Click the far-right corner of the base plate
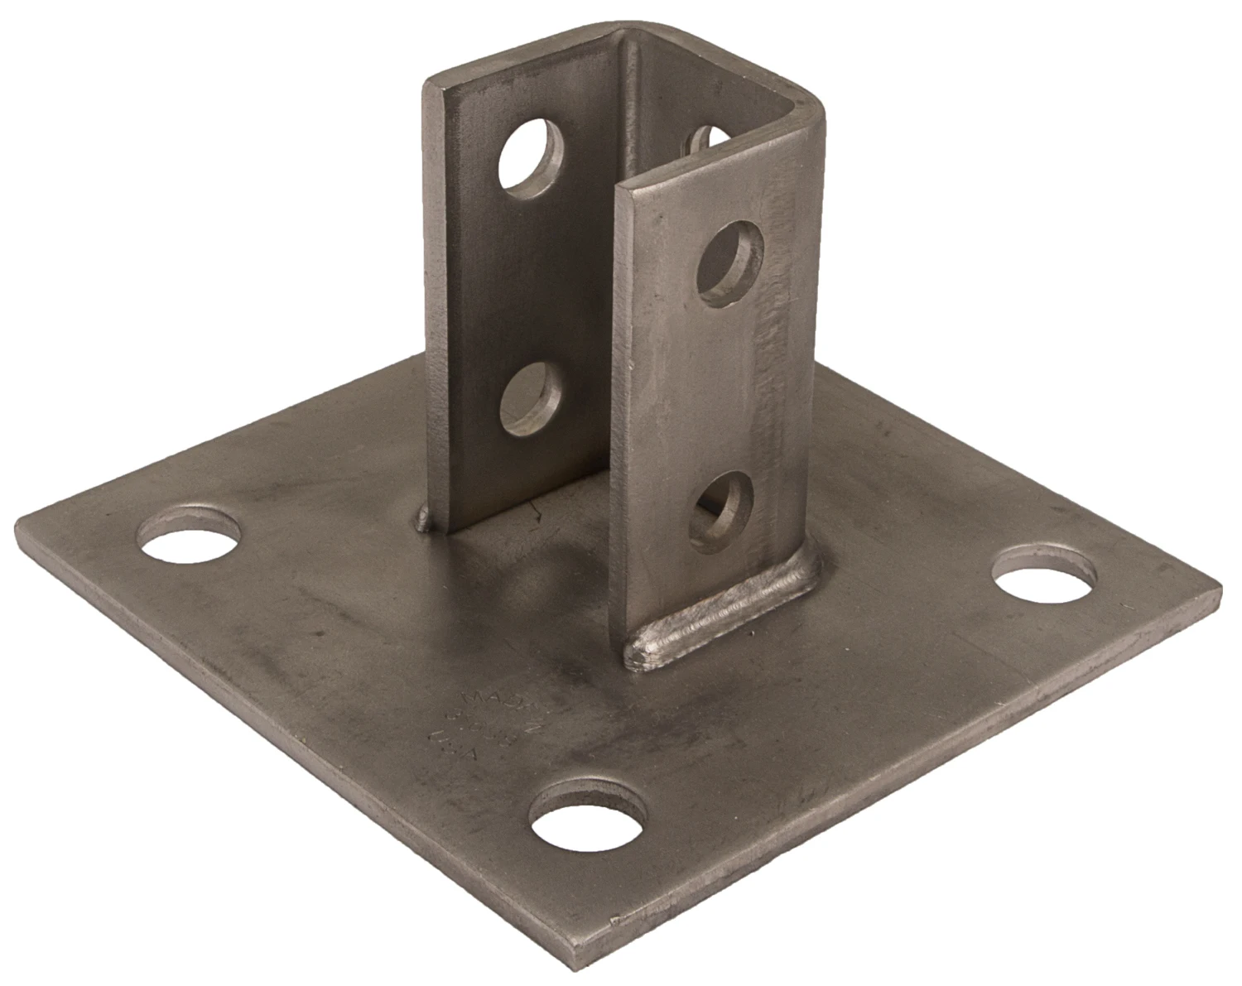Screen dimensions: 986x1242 pyautogui.click(x=1217, y=593)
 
